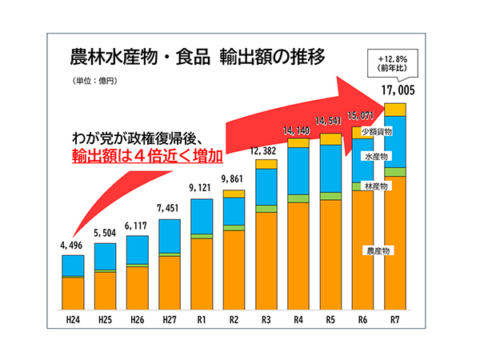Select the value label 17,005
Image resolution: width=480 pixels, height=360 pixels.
pos(395,90)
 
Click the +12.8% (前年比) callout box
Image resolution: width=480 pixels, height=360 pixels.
pos(396,63)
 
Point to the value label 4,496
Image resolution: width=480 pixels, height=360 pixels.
pos(73,246)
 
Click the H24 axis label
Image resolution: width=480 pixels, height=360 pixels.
pos(73,320)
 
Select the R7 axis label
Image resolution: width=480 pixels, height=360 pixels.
pos(395,320)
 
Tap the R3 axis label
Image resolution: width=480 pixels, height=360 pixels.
pos(266,320)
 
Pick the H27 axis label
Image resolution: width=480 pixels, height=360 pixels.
pos(170,320)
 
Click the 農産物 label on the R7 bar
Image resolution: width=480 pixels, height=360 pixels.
pos(377,250)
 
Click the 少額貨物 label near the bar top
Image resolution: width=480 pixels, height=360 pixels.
pos(375,130)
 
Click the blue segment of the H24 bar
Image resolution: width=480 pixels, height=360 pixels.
pos(73,266)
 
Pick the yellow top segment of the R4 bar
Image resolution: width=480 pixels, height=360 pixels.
pos(298,143)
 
